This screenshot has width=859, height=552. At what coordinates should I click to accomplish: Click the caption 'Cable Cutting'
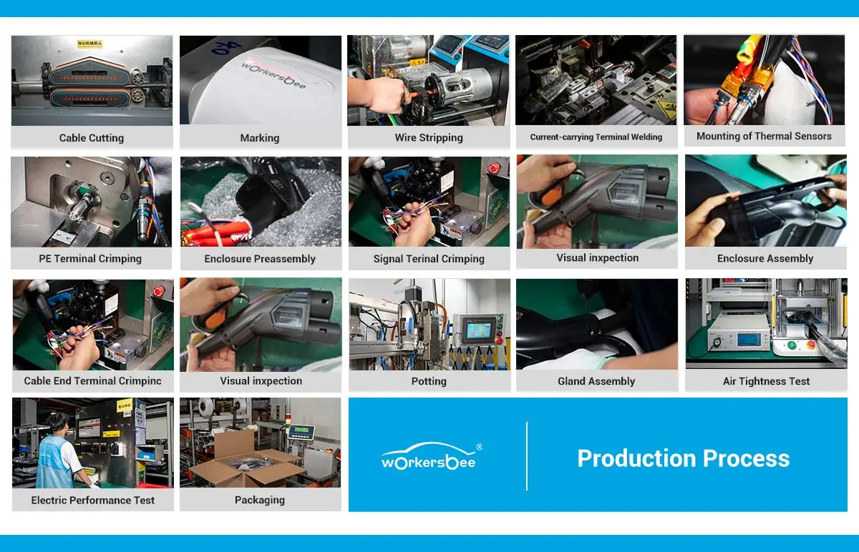pyautogui.click(x=92, y=138)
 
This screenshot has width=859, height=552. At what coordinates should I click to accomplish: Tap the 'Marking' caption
pyautogui.click(x=260, y=138)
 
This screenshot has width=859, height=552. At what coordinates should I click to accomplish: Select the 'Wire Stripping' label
pyautogui.click(x=429, y=138)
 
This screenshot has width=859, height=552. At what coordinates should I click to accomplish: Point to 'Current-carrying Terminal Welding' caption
pyautogui.click(x=596, y=137)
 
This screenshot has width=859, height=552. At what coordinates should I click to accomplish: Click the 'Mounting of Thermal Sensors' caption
pyautogui.click(x=764, y=136)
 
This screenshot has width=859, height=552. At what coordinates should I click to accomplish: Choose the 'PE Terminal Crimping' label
pyautogui.click(x=90, y=259)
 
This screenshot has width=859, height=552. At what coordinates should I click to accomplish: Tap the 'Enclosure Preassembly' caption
pyautogui.click(x=260, y=259)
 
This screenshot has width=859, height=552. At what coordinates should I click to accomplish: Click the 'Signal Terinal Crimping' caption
pyautogui.click(x=429, y=259)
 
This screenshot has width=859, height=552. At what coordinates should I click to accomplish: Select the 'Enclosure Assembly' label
pyautogui.click(x=765, y=259)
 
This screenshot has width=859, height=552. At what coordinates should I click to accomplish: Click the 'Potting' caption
pyautogui.click(x=429, y=381)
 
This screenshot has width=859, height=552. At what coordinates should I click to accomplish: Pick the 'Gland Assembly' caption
pyautogui.click(x=596, y=381)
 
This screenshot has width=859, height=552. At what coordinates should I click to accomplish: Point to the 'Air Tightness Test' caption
pyautogui.click(x=766, y=381)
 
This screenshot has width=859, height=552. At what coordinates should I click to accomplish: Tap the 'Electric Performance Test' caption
pyautogui.click(x=93, y=501)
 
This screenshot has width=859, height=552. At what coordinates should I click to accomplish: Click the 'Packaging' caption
pyautogui.click(x=260, y=501)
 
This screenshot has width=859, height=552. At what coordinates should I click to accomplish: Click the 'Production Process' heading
pyautogui.click(x=683, y=458)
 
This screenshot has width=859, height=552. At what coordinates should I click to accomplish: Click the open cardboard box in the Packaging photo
pyautogui.click(x=247, y=461)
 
